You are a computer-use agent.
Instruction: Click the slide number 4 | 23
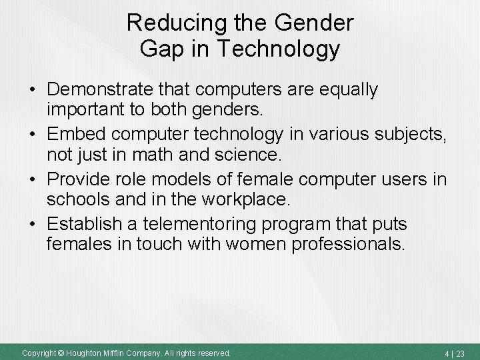pyautogui.click(x=455, y=353)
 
